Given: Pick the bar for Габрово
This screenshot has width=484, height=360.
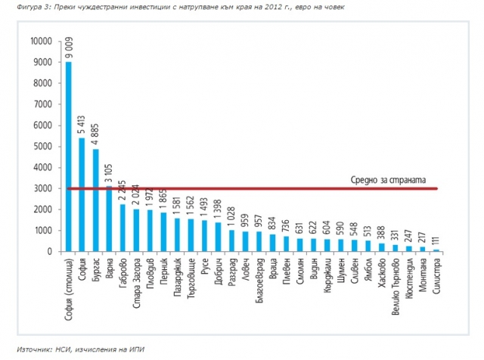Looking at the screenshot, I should (123, 228).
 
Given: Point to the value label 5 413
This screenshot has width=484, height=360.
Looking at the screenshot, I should (82, 126).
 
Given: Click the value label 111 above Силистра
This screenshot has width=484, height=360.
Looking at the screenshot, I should (436, 242).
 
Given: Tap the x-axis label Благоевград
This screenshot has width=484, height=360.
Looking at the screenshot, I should (259, 278).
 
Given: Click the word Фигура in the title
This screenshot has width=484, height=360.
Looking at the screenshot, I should (19, 8).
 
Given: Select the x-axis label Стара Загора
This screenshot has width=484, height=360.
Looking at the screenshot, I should (137, 277).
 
